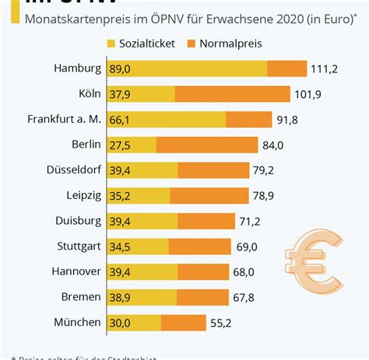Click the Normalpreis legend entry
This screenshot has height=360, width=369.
pyautogui.click(x=241, y=44)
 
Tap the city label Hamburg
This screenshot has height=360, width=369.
pyautogui.click(x=78, y=68)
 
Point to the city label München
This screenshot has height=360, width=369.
pyautogui.click(x=78, y=322)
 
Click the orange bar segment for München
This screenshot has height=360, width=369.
pyautogui.click(x=183, y=322)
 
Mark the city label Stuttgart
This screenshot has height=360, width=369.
pyautogui.click(x=78, y=246)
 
